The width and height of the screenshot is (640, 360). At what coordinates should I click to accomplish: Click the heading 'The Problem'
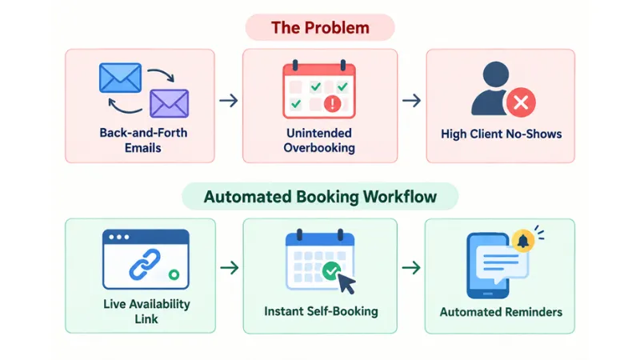320,28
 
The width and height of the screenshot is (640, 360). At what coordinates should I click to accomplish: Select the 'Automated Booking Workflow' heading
320,197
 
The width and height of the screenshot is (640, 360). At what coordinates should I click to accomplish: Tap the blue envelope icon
121,78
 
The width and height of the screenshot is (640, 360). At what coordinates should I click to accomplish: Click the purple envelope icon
169,103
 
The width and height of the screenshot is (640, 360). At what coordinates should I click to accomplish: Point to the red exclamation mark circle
332,103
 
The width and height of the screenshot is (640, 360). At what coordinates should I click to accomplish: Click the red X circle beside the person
521,102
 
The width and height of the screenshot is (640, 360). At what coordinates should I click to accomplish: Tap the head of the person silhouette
495,74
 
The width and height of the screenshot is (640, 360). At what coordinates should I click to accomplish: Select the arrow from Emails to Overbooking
229,101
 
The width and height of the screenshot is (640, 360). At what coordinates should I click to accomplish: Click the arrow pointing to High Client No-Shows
411,101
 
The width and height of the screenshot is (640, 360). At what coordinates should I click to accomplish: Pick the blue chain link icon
145,264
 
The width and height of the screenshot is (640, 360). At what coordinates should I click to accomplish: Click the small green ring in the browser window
174,274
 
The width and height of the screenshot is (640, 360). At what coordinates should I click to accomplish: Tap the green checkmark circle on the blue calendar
331,270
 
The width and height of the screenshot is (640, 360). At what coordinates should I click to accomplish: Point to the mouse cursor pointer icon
346,284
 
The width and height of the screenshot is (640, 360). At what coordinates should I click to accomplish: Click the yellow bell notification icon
523,241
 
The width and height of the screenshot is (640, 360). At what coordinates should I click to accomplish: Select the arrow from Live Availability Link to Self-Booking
230,268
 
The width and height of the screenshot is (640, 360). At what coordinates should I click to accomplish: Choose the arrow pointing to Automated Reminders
411,268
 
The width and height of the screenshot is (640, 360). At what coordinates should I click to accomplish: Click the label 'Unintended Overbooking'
319,141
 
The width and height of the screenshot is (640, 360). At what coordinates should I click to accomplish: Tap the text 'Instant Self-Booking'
322,311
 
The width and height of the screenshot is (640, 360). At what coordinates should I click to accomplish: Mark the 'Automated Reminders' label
501,312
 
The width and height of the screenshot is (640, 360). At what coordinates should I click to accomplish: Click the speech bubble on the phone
502,263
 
